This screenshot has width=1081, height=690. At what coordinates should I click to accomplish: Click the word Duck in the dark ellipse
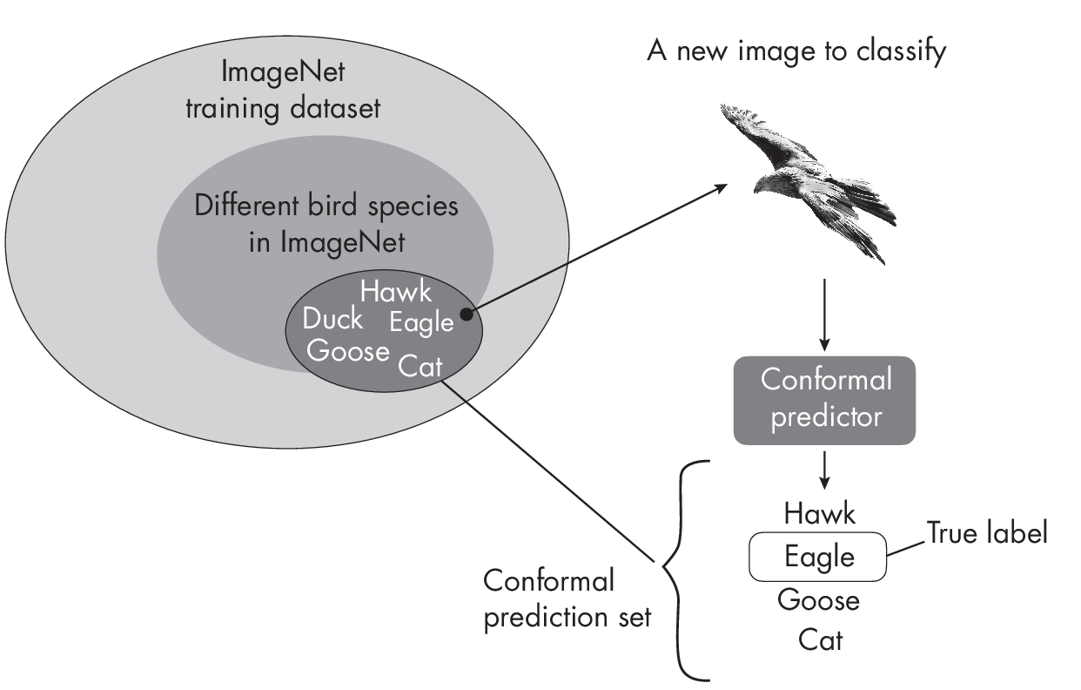(x=332, y=320)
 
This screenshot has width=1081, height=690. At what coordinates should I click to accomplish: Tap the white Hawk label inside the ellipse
(x=396, y=291)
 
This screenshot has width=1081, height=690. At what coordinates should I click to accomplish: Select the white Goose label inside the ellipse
(x=348, y=351)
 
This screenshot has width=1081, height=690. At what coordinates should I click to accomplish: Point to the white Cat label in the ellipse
(x=420, y=365)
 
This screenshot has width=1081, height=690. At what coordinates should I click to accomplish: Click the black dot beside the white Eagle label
(x=467, y=315)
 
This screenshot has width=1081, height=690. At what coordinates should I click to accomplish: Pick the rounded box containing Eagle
(x=818, y=556)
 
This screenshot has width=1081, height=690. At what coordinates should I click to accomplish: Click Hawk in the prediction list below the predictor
(x=819, y=513)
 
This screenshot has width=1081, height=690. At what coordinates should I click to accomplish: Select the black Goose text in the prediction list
(x=818, y=599)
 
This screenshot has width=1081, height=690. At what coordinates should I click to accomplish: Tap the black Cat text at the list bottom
(x=820, y=640)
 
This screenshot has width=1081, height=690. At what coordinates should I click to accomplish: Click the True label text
(x=986, y=533)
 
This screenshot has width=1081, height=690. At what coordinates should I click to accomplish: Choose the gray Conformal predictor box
(x=824, y=399)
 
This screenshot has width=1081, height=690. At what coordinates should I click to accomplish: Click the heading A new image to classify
(x=796, y=51)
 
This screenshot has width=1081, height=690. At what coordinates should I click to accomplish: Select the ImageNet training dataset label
(x=283, y=91)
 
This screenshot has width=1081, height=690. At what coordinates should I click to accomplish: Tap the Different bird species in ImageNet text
(x=326, y=224)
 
